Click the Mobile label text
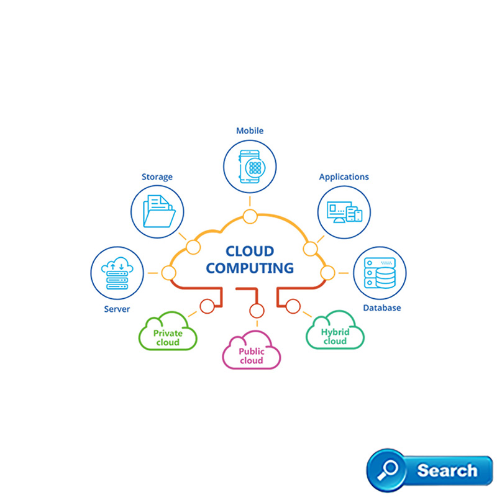click(250, 131)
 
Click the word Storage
click(157, 177)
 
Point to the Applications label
click(344, 177)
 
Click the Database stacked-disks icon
click(380, 273)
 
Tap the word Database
click(381, 308)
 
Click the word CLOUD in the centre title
click(249, 252)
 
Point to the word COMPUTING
click(250, 268)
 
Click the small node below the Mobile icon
click(250, 216)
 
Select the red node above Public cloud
click(254, 311)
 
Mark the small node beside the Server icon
click(168, 273)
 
